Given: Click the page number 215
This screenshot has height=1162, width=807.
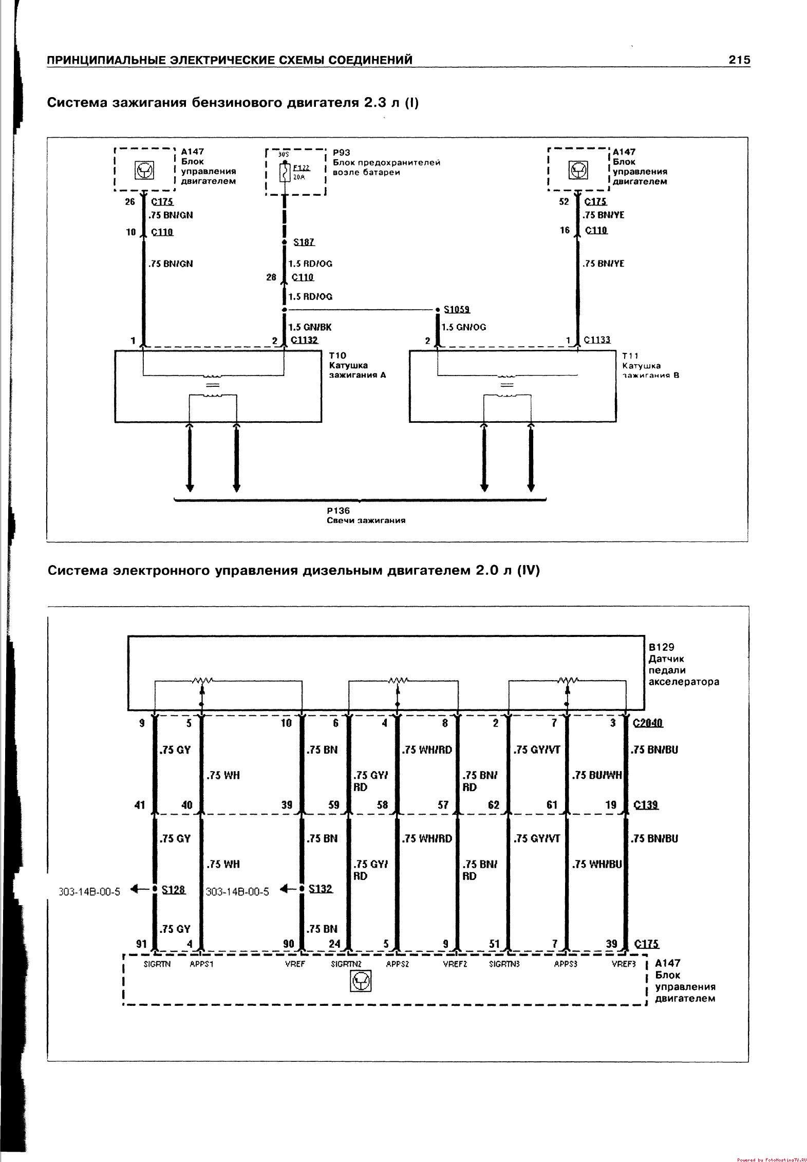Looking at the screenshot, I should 739,60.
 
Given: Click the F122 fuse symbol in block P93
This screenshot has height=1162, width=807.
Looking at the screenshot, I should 284,172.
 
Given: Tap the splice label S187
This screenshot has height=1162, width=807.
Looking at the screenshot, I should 304,242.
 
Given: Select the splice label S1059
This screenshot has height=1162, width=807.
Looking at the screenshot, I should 457,309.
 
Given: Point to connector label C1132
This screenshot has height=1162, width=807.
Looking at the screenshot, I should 304,340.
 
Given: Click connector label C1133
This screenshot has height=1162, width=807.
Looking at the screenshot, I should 597,340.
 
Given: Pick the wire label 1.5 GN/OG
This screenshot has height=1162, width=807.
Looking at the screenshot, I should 463,327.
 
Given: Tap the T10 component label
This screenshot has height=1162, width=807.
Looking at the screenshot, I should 337,355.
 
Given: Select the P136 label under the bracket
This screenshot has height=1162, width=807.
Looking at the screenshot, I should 338,511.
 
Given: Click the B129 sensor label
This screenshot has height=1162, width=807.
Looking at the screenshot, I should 661,647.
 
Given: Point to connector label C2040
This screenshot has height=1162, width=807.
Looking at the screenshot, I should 648,723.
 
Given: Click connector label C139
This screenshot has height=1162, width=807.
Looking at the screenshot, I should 646,805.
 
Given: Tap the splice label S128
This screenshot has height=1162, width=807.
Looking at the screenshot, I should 173,889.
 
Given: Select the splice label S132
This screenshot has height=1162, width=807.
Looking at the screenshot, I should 321,889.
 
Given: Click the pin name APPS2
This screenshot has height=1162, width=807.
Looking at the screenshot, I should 397,964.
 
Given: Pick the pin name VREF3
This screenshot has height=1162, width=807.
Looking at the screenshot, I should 624,964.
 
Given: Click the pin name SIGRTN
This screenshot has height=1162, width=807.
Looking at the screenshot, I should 157,964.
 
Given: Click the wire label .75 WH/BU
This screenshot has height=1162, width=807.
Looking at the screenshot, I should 596,864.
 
